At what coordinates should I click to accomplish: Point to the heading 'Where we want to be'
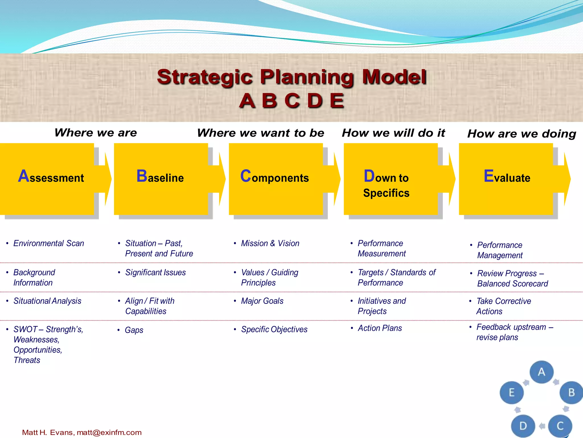pos(260,133)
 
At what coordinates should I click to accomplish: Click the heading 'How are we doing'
pos(522,134)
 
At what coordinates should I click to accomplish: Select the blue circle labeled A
pos(541,372)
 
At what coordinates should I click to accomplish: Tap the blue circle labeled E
pos(512,393)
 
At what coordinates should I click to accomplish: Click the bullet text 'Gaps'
pos(134,330)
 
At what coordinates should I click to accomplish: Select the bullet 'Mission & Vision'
pos(270,243)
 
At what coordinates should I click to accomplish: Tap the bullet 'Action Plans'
pos(380,328)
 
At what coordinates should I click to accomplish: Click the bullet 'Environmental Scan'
pos(49,243)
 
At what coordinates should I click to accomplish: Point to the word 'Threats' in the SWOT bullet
pos(27,360)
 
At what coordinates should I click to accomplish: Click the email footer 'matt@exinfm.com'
pos(109,433)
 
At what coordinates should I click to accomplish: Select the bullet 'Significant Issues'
pos(155,272)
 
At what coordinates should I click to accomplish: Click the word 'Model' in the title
pos(394,77)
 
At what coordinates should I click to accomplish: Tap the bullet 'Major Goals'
pos(262,301)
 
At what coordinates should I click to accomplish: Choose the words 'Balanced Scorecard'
pos(512,284)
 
